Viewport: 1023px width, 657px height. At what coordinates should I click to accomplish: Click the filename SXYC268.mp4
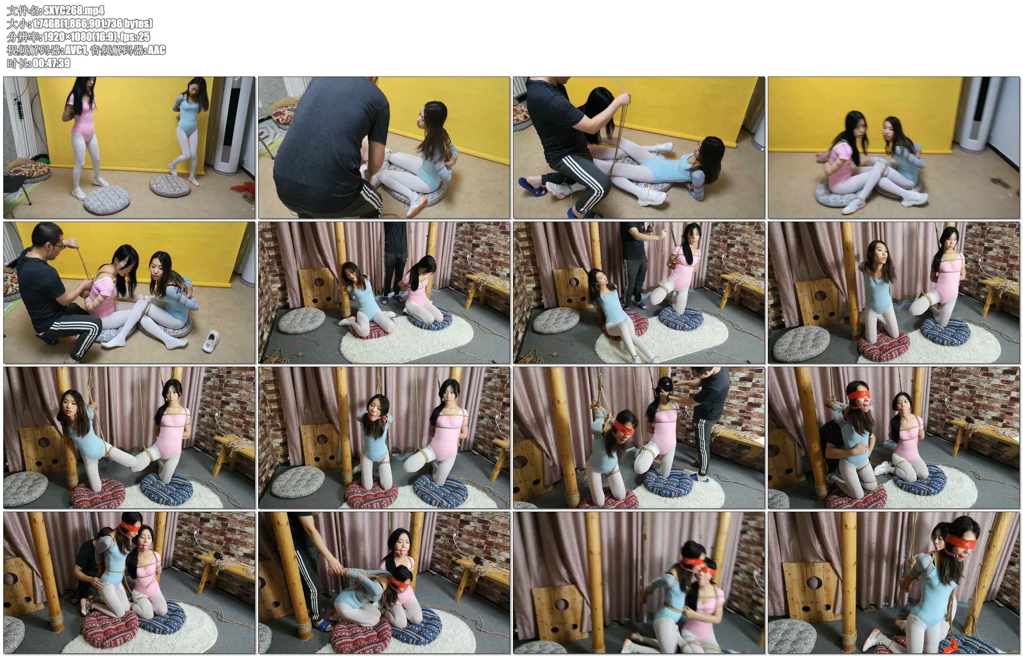(x=74, y=10)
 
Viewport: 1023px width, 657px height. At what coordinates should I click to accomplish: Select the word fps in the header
(x=127, y=37)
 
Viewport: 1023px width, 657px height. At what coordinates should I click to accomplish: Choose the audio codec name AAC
(x=156, y=50)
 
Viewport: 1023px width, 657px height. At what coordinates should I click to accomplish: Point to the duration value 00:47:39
(x=52, y=63)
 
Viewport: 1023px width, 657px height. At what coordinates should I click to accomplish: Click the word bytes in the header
(x=137, y=23)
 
